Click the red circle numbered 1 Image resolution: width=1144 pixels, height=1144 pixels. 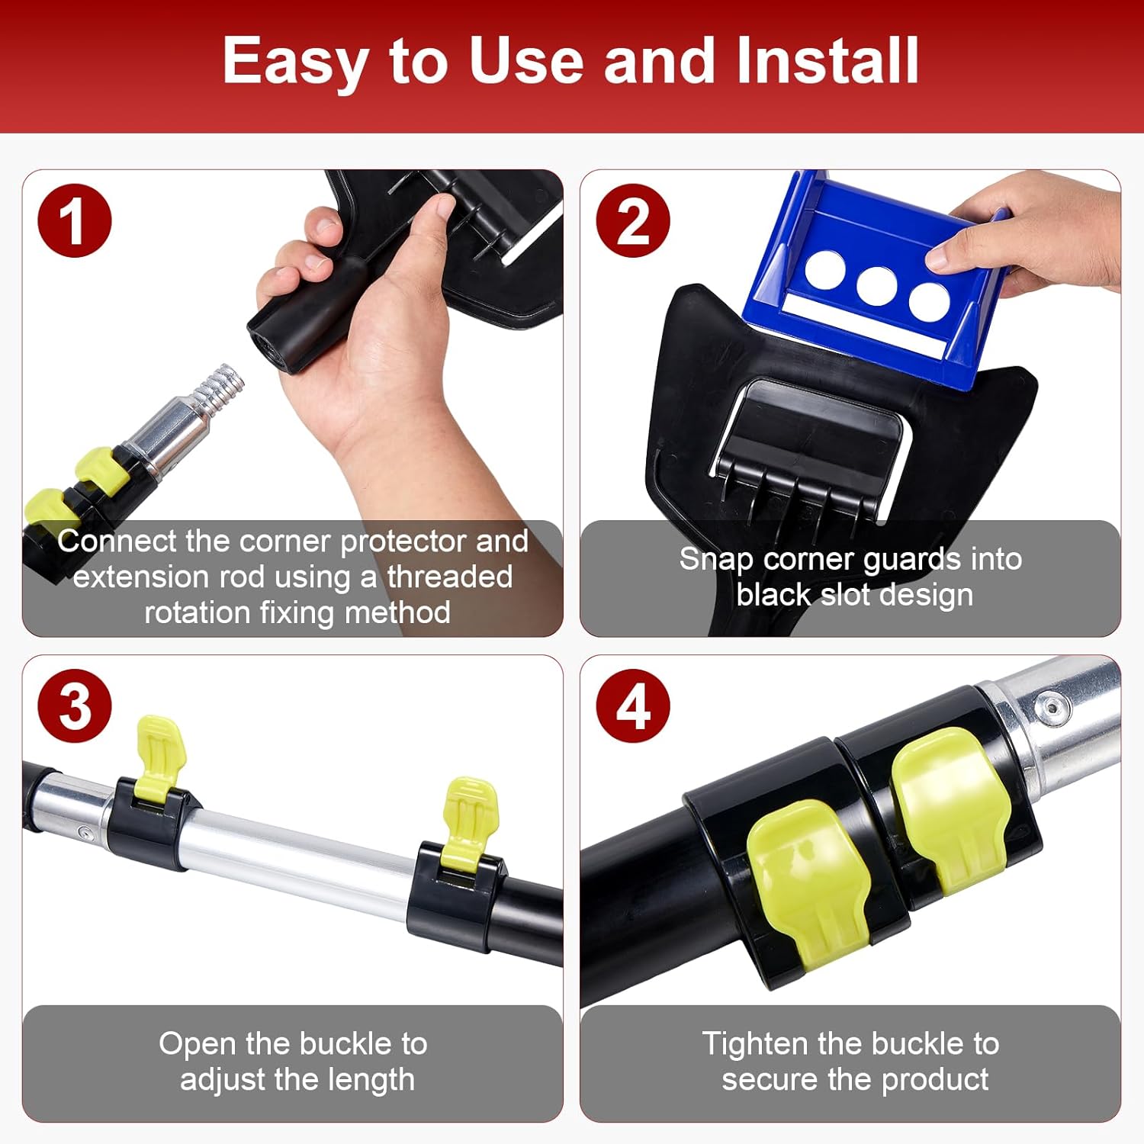pyautogui.click(x=75, y=221)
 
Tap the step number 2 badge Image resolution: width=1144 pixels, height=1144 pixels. pyautogui.click(x=633, y=221)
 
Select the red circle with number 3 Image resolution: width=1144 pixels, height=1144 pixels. pyautogui.click(x=75, y=706)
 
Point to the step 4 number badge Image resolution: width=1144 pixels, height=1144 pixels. pyautogui.click(x=633, y=706)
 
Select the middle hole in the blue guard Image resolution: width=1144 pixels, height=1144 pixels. pyautogui.click(x=876, y=286)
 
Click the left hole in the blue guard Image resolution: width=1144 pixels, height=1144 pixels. pyautogui.click(x=824, y=271)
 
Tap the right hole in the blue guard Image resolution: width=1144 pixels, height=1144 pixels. pyautogui.click(x=929, y=301)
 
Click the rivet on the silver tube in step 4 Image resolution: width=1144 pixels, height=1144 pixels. pyautogui.click(x=1055, y=705)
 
